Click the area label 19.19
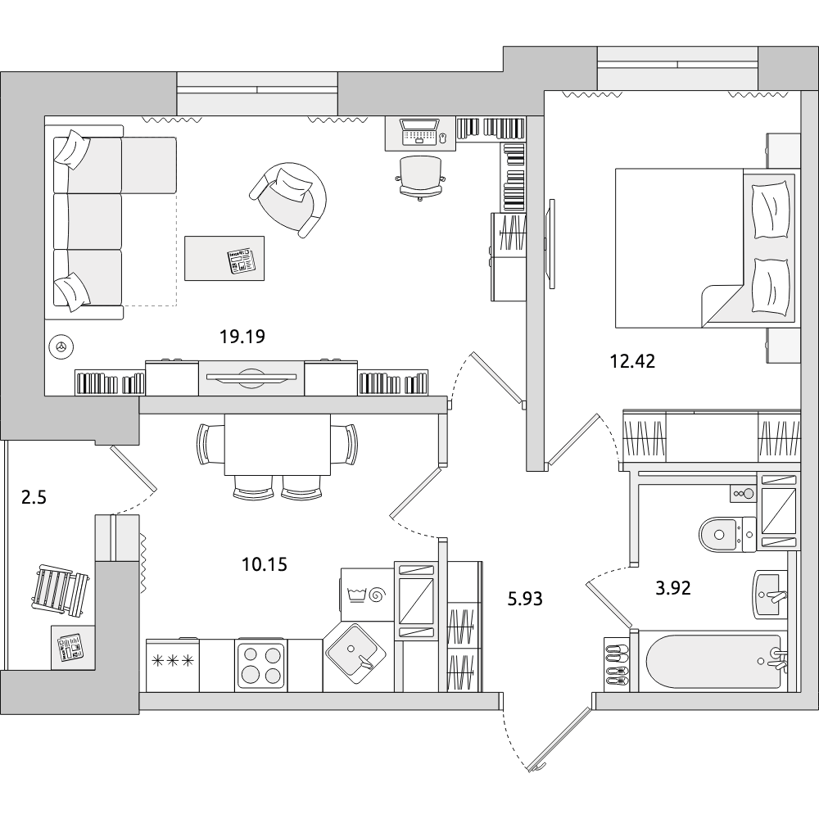point(242,337)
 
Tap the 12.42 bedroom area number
point(632,361)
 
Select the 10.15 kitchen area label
point(265,564)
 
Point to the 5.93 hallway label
point(525,599)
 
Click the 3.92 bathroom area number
point(673,589)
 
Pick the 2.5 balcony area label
point(34,498)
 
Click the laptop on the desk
point(420,131)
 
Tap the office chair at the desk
point(420,177)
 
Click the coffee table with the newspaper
point(224,258)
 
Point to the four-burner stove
point(261,664)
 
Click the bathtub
point(714,662)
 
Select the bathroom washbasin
point(771,594)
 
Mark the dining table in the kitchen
point(278,445)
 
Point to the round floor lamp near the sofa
point(61,346)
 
